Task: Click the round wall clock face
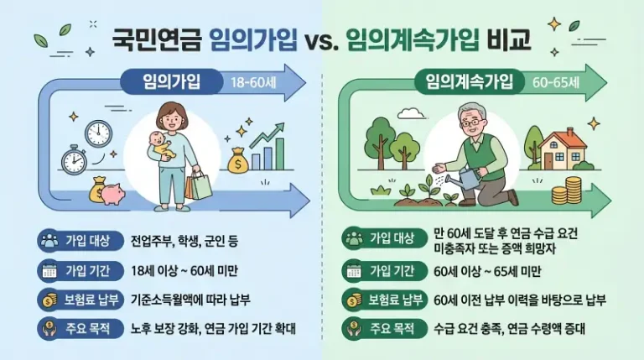[x=99, y=132]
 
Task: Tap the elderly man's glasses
[x=474, y=123]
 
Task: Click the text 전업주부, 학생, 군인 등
[x=185, y=241]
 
